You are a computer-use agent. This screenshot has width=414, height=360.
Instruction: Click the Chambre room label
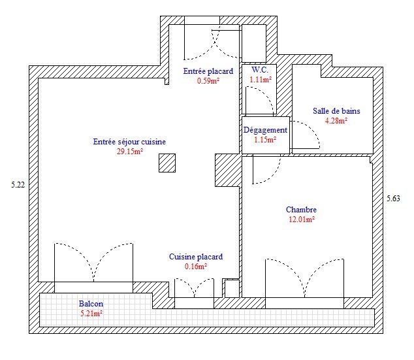point(301,210)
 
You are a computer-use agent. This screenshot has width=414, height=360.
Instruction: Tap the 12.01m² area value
point(302,220)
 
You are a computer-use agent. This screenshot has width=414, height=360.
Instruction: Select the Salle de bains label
point(336,111)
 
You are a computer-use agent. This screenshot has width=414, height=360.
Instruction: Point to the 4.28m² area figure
point(336,121)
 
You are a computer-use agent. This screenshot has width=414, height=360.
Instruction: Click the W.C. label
point(260,70)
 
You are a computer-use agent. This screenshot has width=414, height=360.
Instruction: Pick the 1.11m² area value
point(261,80)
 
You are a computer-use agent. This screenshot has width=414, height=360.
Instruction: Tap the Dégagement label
point(265,130)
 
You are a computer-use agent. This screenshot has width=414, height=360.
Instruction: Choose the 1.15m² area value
point(265,139)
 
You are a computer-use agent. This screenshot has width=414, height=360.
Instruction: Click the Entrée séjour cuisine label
point(129,142)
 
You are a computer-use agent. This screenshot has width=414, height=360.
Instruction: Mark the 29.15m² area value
point(130,152)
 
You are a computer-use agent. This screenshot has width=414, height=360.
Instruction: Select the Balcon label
point(91,304)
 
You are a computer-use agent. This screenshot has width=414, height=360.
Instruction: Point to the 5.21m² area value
point(91,314)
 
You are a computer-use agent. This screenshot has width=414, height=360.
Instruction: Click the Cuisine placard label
point(196,257)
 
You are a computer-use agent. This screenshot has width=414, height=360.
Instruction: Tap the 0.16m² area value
point(196,266)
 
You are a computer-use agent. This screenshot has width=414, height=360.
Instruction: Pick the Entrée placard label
point(208,71)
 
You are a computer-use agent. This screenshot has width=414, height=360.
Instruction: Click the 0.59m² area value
point(208,81)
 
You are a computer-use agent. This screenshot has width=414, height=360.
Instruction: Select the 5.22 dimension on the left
point(18,185)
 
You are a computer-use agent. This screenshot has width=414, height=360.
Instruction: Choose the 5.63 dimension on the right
point(393,199)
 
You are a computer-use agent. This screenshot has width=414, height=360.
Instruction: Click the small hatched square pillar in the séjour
point(167,163)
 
